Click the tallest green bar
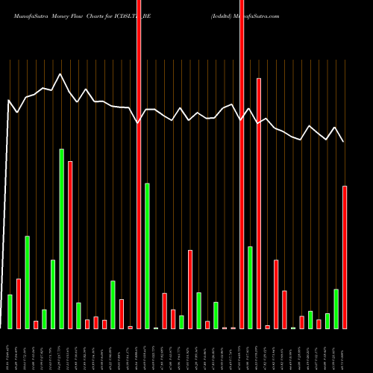tap(62, 239)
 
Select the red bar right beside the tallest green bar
tap(70, 245)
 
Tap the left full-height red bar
tap(139, 164)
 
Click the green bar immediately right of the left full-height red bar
tap(148, 256)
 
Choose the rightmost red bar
tap(345, 257)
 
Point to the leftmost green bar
tap(10, 312)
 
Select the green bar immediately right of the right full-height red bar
tap(251, 287)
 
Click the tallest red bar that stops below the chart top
tap(259, 203)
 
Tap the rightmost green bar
tap(336, 309)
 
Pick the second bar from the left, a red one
tap(19, 304)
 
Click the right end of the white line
tap(344, 142)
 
